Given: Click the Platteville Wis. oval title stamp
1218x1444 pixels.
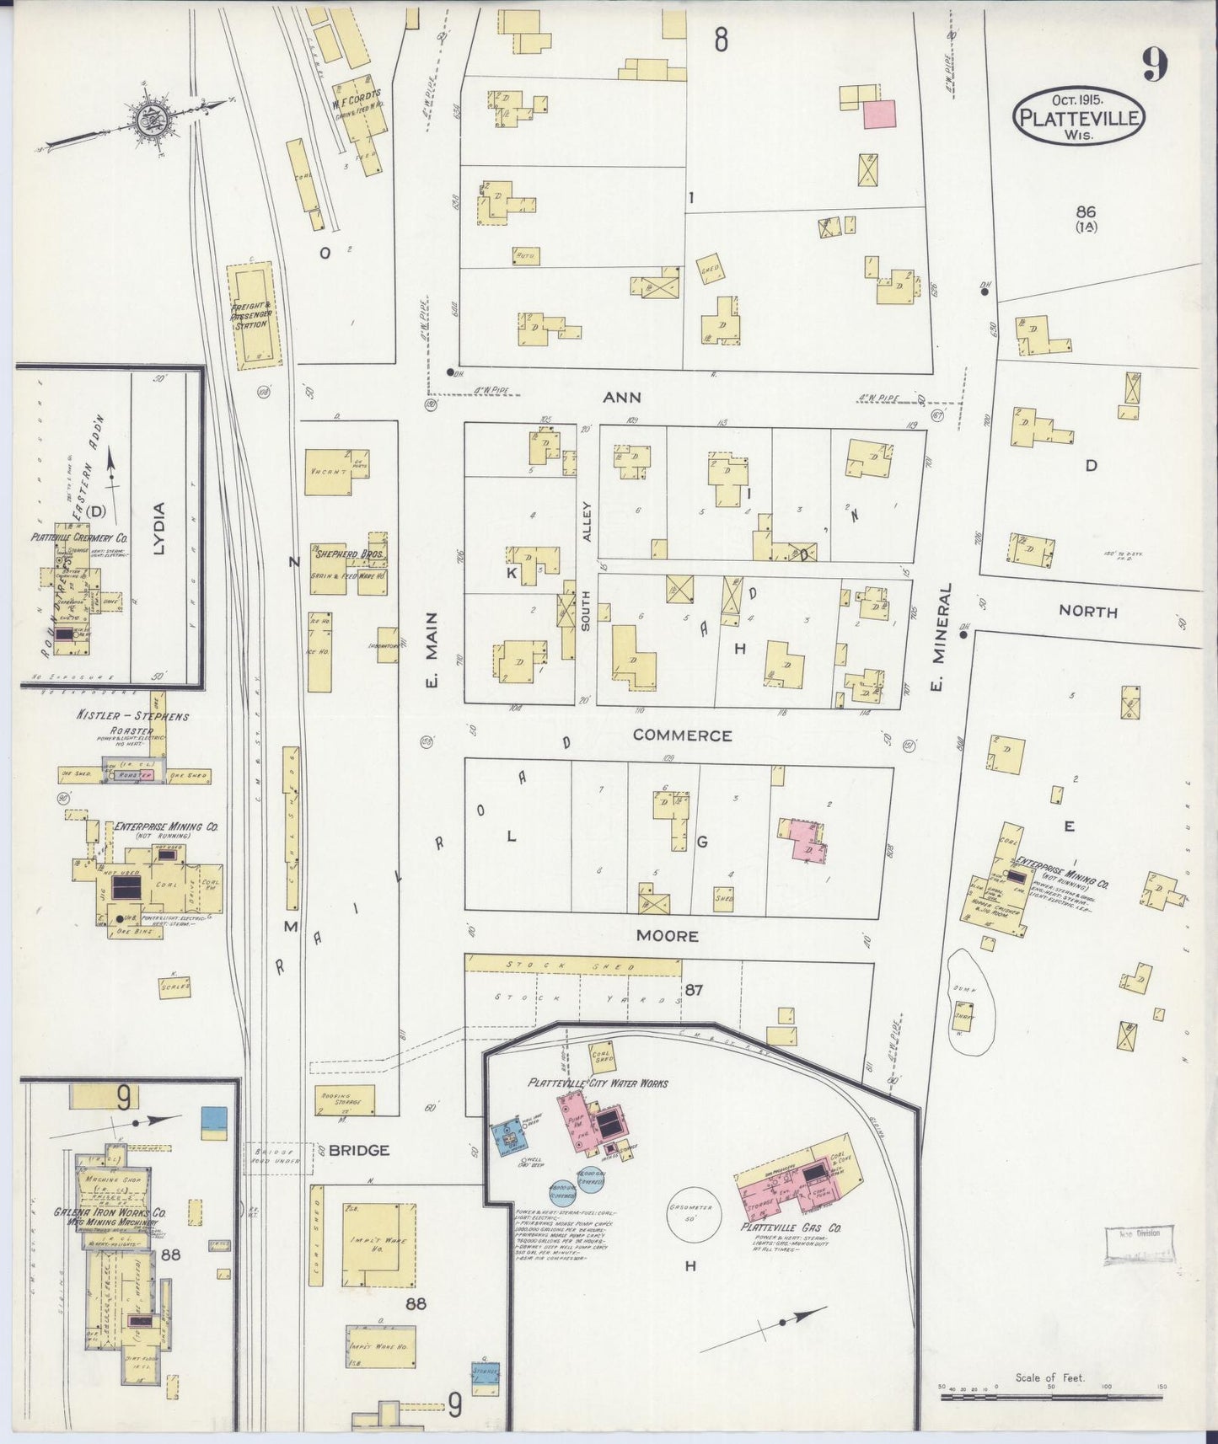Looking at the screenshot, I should (x=1078, y=116).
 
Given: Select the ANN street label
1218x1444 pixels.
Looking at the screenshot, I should (x=622, y=397).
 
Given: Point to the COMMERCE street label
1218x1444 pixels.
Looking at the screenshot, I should (x=682, y=735).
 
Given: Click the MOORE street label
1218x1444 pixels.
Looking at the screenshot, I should (x=667, y=936).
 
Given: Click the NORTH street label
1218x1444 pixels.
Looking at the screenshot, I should (x=1087, y=612).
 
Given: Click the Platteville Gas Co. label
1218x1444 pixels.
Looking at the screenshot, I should (x=791, y=1227).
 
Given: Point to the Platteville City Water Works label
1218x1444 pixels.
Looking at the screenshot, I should (x=598, y=1083).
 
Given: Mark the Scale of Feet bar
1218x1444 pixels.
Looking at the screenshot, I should (x=1050, y=1397).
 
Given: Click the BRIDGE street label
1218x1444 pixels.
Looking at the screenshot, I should (x=359, y=1150).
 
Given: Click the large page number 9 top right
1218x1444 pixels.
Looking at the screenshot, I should (x=1155, y=65).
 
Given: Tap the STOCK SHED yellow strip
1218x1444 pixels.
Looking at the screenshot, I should (x=573, y=965).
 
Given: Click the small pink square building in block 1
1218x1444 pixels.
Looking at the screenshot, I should (x=879, y=114).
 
